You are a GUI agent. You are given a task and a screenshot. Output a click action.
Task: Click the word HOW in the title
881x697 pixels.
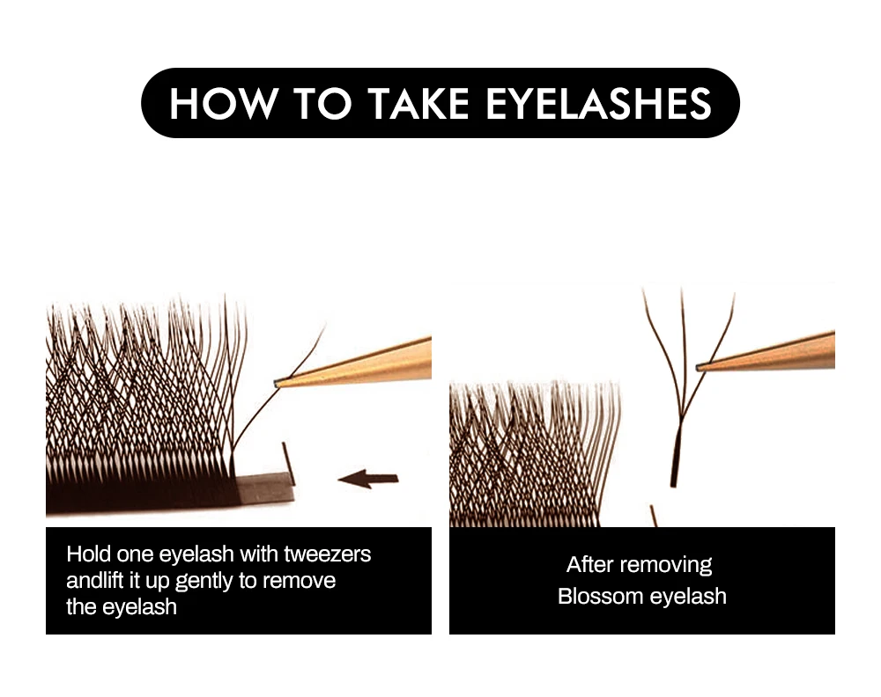(223, 103)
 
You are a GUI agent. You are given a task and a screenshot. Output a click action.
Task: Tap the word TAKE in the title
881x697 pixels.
(418, 103)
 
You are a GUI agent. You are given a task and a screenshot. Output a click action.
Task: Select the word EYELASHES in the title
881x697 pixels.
(598, 103)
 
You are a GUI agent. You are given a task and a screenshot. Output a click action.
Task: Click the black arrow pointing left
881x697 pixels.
(368, 480)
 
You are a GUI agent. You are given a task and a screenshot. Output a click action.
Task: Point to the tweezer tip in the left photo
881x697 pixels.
(277, 384)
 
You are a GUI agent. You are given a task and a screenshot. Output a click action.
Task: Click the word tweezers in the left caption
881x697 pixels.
(327, 554)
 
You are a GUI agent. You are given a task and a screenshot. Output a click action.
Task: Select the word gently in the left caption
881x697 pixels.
(204, 582)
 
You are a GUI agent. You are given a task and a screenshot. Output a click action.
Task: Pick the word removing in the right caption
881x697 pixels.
(665, 565)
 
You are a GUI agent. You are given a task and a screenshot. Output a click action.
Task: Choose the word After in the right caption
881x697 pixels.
(589, 564)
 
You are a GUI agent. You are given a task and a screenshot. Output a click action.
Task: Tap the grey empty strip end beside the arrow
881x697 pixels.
(264, 488)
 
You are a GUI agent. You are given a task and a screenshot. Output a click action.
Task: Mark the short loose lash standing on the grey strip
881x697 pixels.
(288, 464)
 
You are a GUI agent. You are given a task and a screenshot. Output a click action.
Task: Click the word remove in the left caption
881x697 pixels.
(299, 581)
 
